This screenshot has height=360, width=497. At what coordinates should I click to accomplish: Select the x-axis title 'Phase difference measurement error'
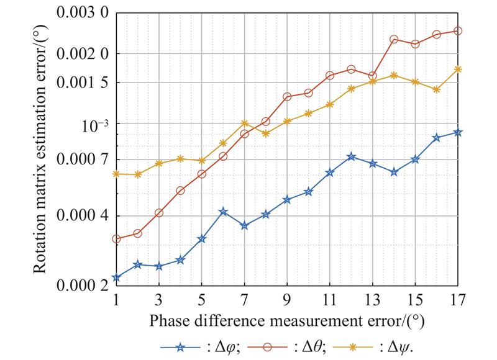pyautogui.click(x=286, y=322)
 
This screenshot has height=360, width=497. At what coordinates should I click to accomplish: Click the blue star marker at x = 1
pyautogui.click(x=116, y=278)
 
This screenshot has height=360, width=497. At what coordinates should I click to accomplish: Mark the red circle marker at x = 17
pyautogui.click(x=458, y=30)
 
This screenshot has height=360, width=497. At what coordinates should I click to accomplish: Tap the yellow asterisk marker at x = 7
pyautogui.click(x=244, y=123)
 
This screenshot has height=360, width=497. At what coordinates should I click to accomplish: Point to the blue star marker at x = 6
pyautogui.click(x=223, y=212)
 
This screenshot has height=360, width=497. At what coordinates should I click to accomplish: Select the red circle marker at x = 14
pyautogui.click(x=394, y=39)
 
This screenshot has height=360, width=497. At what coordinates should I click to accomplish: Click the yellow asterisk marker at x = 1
pyautogui.click(x=116, y=174)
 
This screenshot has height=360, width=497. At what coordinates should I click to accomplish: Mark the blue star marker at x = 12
pyautogui.click(x=351, y=156)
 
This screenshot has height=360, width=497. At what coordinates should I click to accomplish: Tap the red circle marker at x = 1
pyautogui.click(x=116, y=239)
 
